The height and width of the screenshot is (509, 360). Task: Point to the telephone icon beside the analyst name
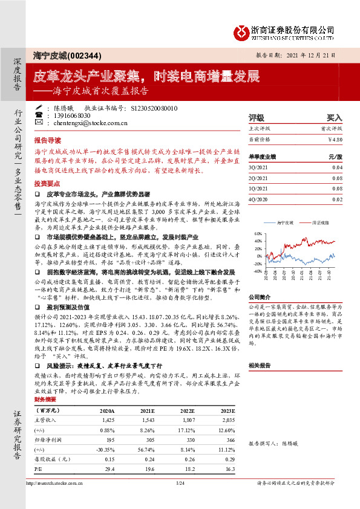tap(39, 115)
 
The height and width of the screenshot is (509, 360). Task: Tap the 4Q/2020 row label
tap(258, 198)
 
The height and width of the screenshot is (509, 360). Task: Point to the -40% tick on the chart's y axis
tap(258, 272)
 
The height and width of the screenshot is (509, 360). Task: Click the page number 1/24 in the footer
tap(180, 483)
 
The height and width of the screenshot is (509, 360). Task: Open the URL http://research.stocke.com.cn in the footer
tap(58, 483)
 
